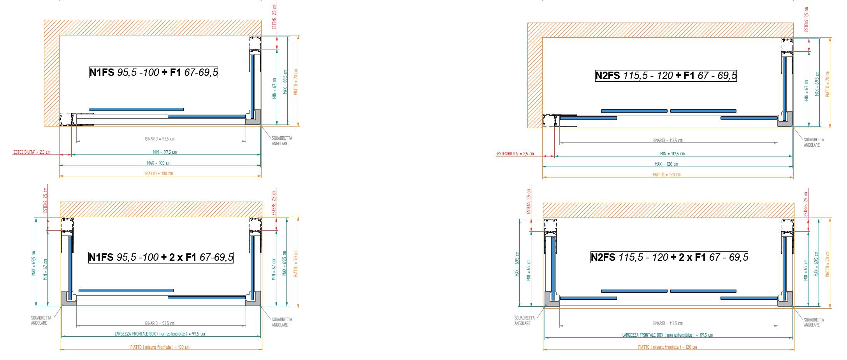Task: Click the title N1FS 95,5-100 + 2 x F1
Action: click(161, 257)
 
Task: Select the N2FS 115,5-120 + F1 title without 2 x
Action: click(666, 76)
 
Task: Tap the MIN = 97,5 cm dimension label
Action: click(165, 152)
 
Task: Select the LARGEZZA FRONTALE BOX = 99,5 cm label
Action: click(160, 334)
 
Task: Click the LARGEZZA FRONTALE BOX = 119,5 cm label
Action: click(667, 335)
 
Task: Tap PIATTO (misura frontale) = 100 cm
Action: click(160, 347)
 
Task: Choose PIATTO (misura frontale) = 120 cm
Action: click(667, 347)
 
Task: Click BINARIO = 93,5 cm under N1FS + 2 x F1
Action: click(160, 323)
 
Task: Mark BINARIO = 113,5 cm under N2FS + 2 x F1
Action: click(667, 323)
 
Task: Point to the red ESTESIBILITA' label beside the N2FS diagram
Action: click(515, 154)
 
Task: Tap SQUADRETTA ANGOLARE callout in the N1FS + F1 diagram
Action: click(282, 141)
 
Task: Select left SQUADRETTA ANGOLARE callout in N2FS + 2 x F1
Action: click(524, 321)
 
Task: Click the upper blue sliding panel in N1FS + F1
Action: click(136, 109)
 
